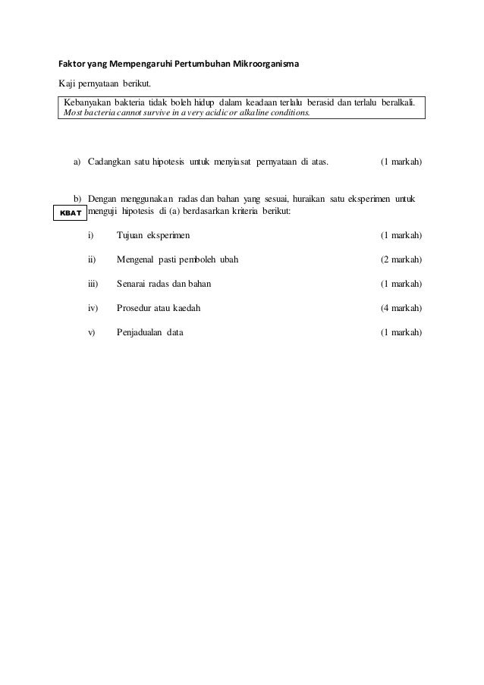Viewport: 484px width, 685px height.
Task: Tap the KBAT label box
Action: pyautogui.click(x=68, y=213)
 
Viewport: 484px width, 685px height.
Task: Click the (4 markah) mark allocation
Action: pyautogui.click(x=401, y=308)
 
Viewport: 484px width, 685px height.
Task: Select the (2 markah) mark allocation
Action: pyautogui.click(x=401, y=259)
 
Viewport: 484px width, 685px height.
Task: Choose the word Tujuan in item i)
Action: pyautogui.click(x=130, y=235)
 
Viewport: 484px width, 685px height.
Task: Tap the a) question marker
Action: pyautogui.click(x=77, y=162)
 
